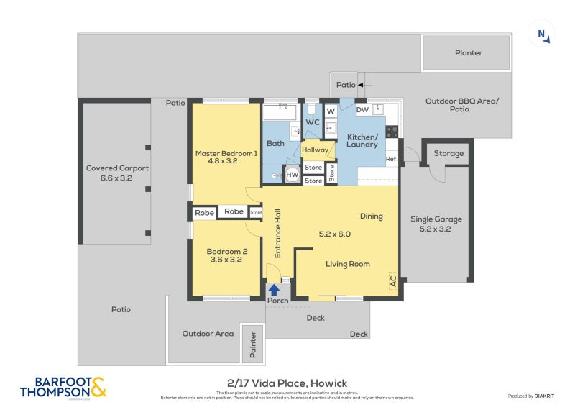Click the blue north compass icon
tap(542, 34)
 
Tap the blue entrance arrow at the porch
tap(274, 290)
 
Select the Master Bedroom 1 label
tap(226, 157)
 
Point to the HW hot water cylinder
tap(293, 175)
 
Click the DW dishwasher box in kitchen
tap(362, 110)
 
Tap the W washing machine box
tap(331, 111)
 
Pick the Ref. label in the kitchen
tap(392, 159)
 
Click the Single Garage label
tap(436, 224)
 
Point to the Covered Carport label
tap(117, 173)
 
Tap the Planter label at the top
tap(468, 52)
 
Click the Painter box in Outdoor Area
tap(252, 343)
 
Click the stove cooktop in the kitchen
tap(392, 131)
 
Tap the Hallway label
tap(315, 150)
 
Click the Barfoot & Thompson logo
tap(63, 387)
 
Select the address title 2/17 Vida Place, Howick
tap(287, 383)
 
